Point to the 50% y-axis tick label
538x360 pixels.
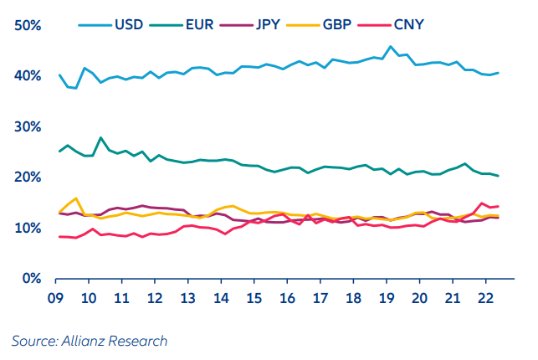coord(28,26)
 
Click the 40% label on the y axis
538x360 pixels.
coord(28,76)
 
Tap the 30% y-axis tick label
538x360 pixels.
coord(28,126)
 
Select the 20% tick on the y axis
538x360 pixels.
coord(28,177)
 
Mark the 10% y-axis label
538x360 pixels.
coord(28,228)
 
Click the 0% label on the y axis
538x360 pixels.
coord(32,278)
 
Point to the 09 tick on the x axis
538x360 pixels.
coord(57,298)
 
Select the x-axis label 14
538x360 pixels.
coord(221,298)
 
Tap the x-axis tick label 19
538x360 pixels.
coord(385,298)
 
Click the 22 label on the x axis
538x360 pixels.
coord(484,298)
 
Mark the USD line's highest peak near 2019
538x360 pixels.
coord(391,47)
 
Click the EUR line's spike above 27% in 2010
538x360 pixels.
coord(101,137)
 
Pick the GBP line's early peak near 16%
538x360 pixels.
coord(76,198)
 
